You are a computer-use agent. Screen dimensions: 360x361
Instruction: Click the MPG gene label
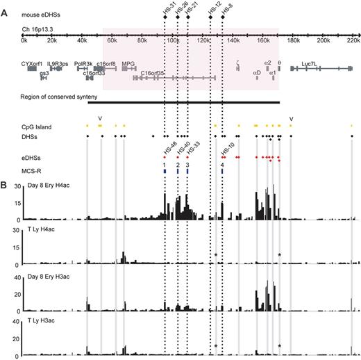point(128,63)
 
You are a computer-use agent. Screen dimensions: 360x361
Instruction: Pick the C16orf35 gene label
point(152,73)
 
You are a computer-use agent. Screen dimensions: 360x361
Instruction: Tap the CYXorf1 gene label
point(33,63)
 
